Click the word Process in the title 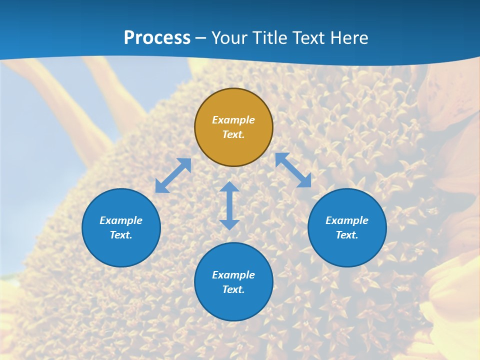157,38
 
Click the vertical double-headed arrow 229,205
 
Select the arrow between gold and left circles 173,175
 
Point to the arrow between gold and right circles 293,170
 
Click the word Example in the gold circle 233,120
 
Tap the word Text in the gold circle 233,134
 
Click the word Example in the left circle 121,220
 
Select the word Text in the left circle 121,235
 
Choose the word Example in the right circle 347,220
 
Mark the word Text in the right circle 347,235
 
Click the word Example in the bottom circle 233,275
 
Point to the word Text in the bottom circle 233,289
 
